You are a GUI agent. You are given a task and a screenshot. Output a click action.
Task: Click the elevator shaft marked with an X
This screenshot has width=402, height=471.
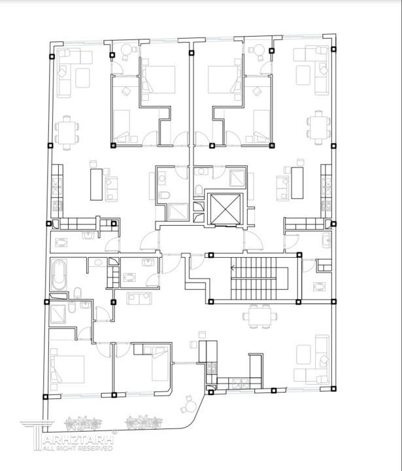tap(226, 209)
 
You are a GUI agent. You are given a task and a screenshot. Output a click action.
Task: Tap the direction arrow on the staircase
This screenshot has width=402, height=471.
tap(233, 268)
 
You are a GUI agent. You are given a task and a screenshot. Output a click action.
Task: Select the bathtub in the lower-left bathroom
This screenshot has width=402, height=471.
tap(59, 275)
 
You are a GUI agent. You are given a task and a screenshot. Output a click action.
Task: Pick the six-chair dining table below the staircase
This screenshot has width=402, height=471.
tap(260, 317)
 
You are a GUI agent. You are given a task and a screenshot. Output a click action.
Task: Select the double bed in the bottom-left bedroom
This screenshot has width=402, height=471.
tap(67, 369)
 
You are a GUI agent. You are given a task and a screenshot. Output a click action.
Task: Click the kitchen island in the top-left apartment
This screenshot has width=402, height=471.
tap(96, 184)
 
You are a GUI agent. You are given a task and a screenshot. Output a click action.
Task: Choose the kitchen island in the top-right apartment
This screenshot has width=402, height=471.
tap(297, 183)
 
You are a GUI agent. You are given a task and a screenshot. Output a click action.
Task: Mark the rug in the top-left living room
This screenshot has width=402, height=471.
tap(82, 78)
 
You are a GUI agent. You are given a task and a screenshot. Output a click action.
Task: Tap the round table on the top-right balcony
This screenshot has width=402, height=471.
tap(258, 50)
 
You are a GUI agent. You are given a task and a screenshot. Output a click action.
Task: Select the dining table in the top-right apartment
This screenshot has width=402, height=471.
tap(319, 128)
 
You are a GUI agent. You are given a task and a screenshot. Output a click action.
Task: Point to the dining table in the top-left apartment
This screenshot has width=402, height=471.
tap(67, 133)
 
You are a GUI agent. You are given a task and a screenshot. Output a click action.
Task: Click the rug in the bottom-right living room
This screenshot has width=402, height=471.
tap(303, 354)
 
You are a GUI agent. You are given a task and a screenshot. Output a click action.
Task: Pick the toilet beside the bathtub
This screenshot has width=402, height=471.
tap(77, 292)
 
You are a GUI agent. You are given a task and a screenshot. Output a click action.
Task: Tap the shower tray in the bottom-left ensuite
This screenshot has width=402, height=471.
tap(58, 314)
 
